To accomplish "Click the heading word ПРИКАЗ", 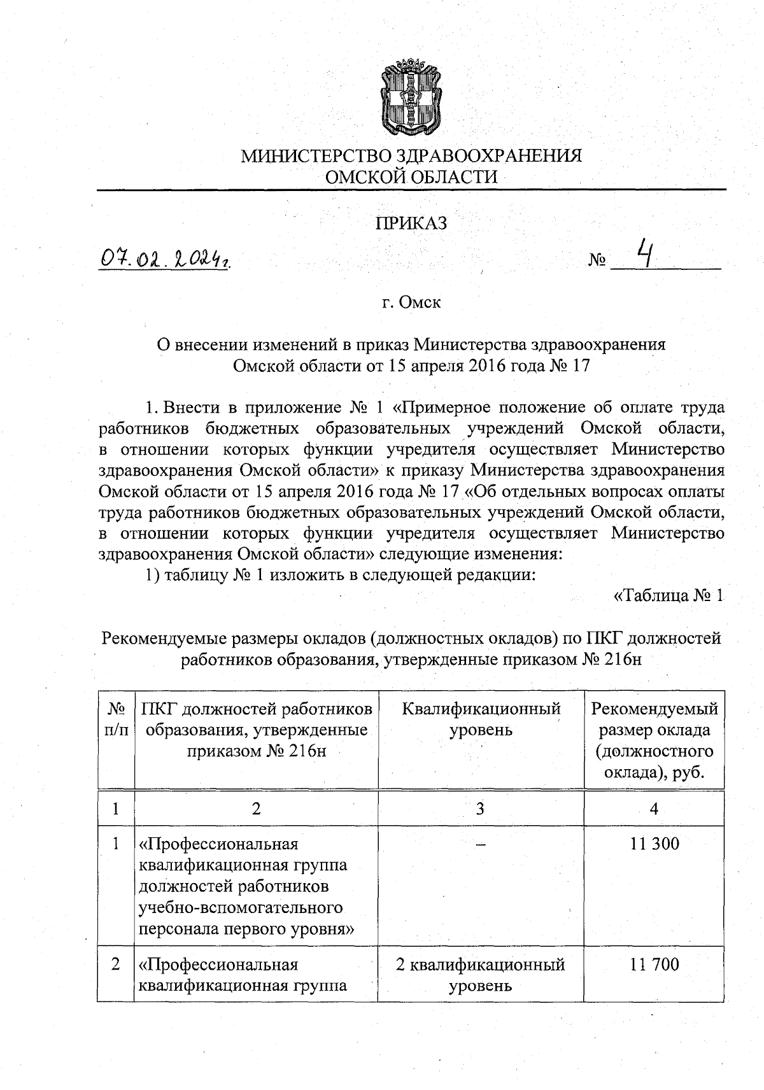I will click(x=411, y=223).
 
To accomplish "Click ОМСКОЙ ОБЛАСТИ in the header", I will click(x=411, y=177).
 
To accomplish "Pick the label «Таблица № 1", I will click(x=668, y=596).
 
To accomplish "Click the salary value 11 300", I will click(x=654, y=844).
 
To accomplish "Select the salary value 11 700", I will click(x=654, y=965).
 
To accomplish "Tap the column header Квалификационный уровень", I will click(x=481, y=719).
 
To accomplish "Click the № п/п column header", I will click(x=115, y=719).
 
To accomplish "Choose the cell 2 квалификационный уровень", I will click(x=481, y=975).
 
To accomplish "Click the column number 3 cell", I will click(x=481, y=809).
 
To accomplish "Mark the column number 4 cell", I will click(x=654, y=809).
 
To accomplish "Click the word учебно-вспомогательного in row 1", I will click(x=241, y=907).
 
